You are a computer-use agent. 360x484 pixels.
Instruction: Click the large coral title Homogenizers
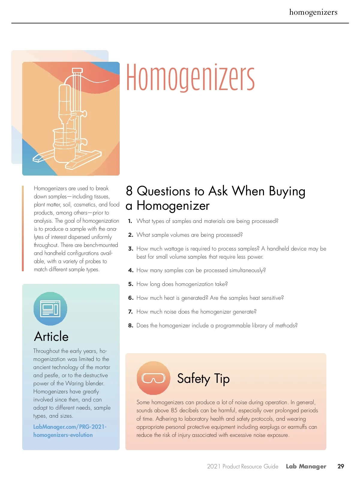pyautogui.click(x=190, y=77)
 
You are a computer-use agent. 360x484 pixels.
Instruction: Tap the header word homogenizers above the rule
pyautogui.click(x=313, y=12)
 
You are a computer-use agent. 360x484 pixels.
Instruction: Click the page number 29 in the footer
pyautogui.click(x=341, y=466)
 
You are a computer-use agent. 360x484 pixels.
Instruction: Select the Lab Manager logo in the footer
pyautogui.click(x=306, y=466)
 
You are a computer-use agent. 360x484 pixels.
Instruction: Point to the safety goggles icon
pyautogui.click(x=153, y=378)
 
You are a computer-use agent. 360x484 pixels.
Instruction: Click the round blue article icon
pyautogui.click(x=50, y=309)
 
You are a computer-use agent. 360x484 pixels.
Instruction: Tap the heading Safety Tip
pyautogui.click(x=203, y=379)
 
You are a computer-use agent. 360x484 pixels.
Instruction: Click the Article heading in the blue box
pyautogui.click(x=51, y=337)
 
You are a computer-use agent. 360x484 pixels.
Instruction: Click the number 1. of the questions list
pyautogui.click(x=130, y=221)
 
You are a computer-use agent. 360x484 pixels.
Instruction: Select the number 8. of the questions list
pyautogui.click(x=130, y=326)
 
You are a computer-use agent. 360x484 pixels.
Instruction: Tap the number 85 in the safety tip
pyautogui.click(x=174, y=410)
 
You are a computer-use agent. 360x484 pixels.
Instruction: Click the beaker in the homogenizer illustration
pyautogui.click(x=64, y=140)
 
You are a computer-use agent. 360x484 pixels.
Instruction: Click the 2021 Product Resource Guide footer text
pyautogui.click(x=242, y=466)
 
